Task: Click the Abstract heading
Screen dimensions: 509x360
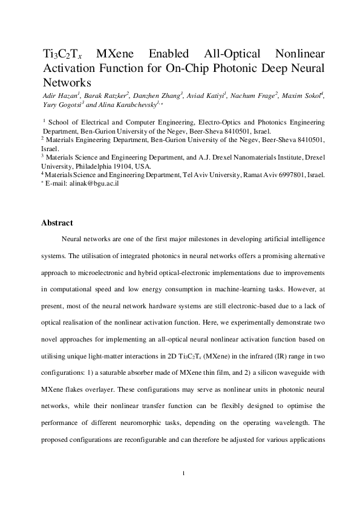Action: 57,223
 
